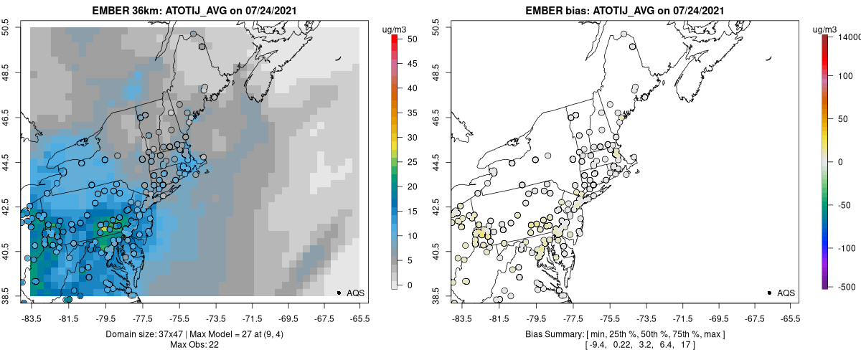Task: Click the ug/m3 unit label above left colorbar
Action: click(395, 29)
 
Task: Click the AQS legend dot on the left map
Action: click(338, 293)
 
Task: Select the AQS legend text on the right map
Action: click(786, 293)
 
